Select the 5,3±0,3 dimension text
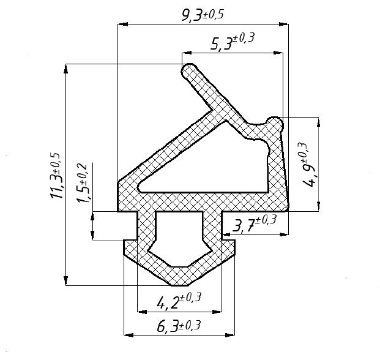[232, 42]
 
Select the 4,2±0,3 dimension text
[179, 301]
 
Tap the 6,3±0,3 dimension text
[179, 326]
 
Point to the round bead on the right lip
[276, 124]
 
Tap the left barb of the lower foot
[129, 248]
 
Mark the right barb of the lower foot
[229, 248]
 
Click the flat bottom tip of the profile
[179, 283]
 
